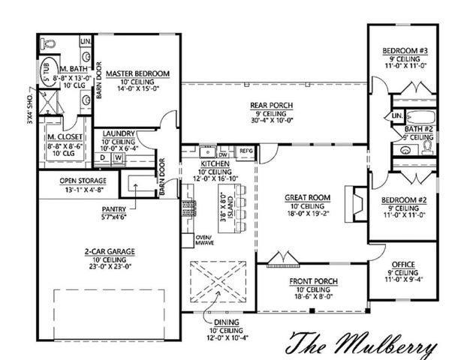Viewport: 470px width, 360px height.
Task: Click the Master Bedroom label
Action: pos(137,73)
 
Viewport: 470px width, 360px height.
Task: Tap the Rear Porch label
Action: pos(271,104)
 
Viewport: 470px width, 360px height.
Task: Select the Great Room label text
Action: pos(304,198)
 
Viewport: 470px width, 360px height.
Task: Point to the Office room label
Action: pos(402,265)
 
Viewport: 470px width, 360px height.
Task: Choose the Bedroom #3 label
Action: pos(405,51)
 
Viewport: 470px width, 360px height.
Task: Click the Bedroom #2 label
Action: pos(405,201)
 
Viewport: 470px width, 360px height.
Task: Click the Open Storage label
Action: pos(83,181)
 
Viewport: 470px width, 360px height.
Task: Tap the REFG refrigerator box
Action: pos(246,151)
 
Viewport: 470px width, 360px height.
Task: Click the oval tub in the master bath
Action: pos(47,74)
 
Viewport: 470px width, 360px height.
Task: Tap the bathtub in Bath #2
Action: pos(420,116)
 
